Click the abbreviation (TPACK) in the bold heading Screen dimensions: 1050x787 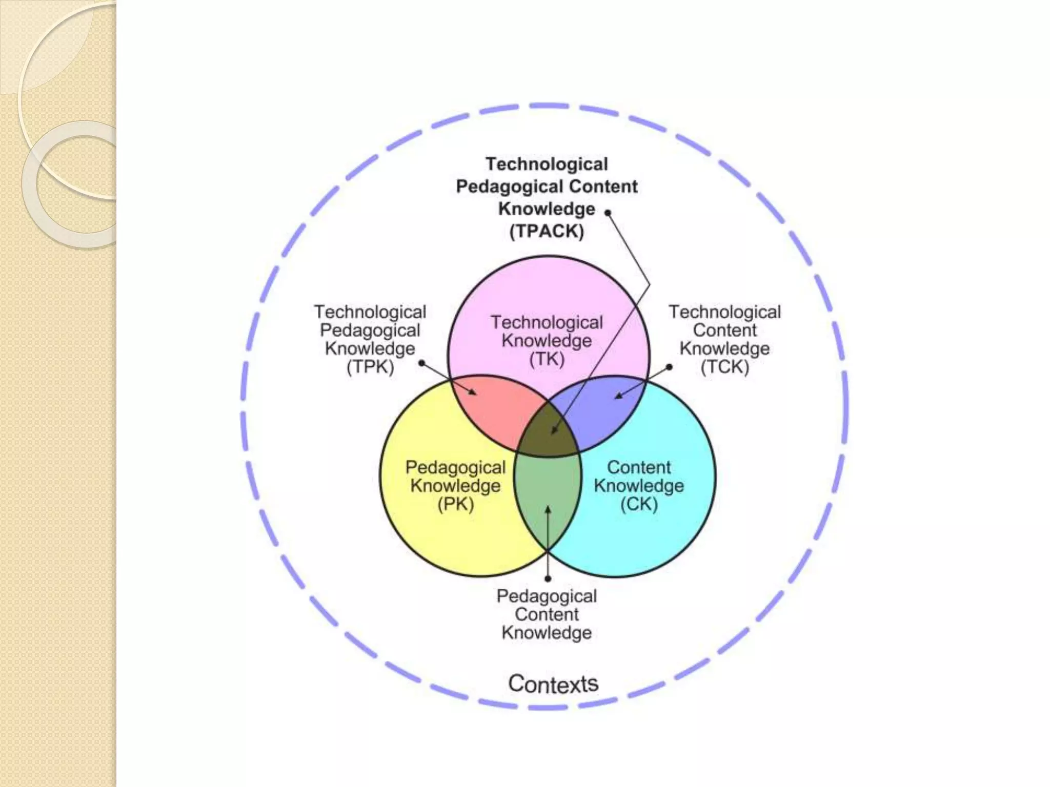(x=547, y=232)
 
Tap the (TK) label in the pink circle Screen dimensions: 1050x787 (x=547, y=359)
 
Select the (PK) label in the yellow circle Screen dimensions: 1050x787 (x=455, y=504)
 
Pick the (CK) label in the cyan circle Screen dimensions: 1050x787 (x=639, y=504)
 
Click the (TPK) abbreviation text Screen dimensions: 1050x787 (x=370, y=367)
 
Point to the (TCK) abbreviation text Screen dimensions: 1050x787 (x=724, y=367)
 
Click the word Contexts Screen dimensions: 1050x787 (x=553, y=684)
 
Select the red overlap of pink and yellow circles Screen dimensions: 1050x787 (x=492, y=410)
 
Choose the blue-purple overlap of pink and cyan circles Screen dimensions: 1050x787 (x=605, y=410)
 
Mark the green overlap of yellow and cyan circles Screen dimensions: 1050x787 (x=548, y=492)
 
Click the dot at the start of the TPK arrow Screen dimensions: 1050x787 (x=421, y=363)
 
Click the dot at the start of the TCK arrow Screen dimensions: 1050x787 (x=670, y=367)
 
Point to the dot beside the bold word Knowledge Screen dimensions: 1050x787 (x=608, y=213)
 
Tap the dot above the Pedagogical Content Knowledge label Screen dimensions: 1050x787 (x=548, y=579)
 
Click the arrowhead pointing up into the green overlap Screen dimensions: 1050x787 (x=548, y=510)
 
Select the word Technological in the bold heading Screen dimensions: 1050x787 (x=547, y=164)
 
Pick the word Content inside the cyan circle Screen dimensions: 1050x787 (x=639, y=467)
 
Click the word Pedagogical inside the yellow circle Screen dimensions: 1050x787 (x=455, y=467)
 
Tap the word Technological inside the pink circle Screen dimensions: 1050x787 (x=547, y=322)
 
